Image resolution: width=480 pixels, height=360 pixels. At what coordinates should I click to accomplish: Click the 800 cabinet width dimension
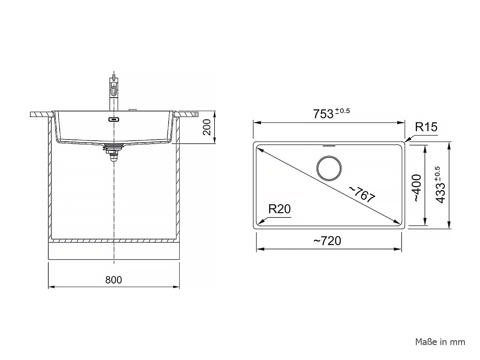point(113,280)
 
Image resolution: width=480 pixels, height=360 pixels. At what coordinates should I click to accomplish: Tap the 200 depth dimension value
point(207,127)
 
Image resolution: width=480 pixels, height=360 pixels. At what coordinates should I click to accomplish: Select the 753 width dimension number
point(323,114)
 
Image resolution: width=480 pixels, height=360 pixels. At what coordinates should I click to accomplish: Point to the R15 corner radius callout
point(426,127)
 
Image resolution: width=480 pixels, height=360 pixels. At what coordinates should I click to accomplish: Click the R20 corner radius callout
point(279,209)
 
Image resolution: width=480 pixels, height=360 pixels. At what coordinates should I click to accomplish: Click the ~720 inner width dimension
point(327,241)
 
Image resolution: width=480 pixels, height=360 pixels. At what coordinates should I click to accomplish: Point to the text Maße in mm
point(440,342)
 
